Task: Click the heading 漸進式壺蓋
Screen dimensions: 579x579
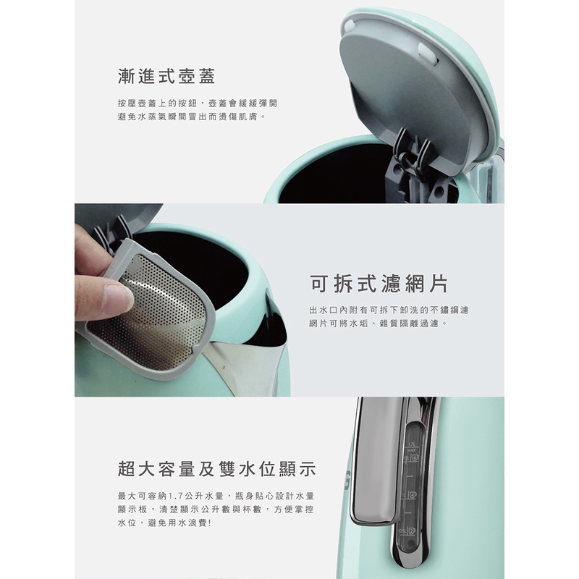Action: point(166,77)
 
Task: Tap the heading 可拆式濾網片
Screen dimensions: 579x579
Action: point(379,284)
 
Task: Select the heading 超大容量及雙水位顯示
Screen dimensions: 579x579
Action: point(216,469)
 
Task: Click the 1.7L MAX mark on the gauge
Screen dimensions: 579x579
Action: point(412,447)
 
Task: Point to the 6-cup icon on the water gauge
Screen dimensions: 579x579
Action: point(415,458)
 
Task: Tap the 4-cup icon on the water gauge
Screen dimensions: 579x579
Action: point(413,495)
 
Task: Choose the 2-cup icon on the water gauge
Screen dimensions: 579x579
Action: point(412,531)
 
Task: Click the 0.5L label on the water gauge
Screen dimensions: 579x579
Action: point(404,531)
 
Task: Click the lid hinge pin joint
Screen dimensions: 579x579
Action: point(406,158)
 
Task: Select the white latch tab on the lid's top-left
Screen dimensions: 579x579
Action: point(347,26)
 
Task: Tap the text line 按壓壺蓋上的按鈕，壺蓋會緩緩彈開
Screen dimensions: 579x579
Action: point(197,103)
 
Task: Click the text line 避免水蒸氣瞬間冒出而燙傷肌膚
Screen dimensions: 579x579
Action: point(192,117)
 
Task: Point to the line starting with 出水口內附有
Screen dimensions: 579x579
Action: point(389,310)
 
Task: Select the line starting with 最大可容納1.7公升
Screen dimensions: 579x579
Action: point(216,496)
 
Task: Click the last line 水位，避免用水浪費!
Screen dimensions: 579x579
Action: point(165,523)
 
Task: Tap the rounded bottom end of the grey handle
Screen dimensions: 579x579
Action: point(373,519)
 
